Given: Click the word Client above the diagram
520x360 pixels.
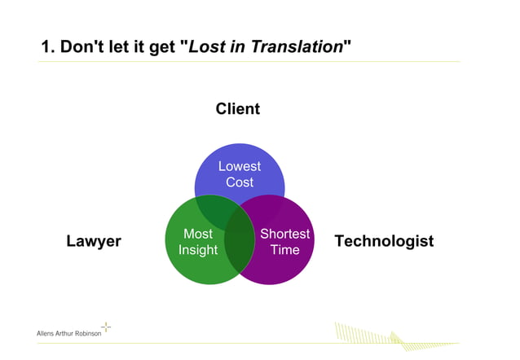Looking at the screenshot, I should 237,108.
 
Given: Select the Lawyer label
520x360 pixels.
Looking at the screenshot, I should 93,241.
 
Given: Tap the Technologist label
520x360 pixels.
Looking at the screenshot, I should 384,241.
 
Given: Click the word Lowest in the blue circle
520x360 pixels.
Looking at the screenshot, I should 239,166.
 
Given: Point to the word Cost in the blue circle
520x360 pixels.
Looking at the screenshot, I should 239,182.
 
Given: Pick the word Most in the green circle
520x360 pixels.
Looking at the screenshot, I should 198,235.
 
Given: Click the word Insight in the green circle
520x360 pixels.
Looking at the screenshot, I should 198,250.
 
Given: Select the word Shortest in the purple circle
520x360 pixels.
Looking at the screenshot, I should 284,235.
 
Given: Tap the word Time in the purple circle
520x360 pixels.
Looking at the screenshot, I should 284,250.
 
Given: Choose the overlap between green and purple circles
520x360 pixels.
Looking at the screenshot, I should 239,252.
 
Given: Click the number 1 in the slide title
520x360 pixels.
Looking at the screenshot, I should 46,47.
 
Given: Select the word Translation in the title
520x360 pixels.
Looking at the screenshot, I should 298,47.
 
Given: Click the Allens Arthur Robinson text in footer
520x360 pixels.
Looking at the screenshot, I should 69,334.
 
